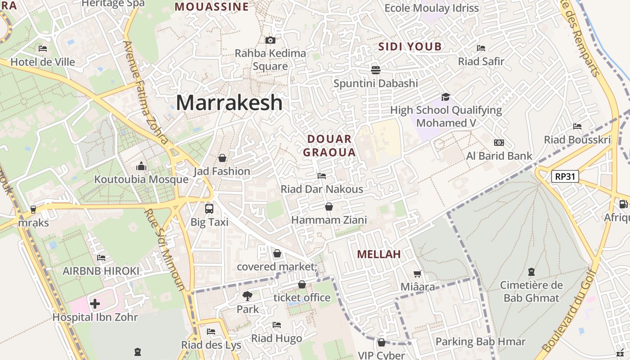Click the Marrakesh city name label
[229, 103]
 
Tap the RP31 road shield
[565, 176]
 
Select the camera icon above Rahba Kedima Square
[270, 40]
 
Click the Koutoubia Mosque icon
[141, 166]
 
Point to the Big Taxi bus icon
[209, 209]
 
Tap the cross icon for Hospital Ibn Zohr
[95, 304]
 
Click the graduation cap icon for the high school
[445, 97]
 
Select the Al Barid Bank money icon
[499, 143]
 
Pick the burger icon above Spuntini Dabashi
[376, 70]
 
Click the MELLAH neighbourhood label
[379, 254]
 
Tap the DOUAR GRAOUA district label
[329, 145]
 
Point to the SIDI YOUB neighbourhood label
[410, 46]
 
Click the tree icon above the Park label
[247, 296]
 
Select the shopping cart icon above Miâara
[418, 274]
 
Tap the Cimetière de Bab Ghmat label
[531, 291]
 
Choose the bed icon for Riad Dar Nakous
[322, 175]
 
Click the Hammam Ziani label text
[329, 220]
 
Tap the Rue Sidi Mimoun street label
[165, 250]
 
